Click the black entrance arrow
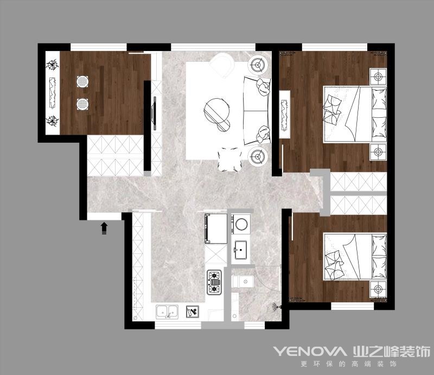coord(104,228)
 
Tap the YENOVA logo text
coord(309,351)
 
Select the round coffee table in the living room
coord(217,111)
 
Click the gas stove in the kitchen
coord(214,282)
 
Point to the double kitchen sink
coord(167,312)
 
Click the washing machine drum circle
coord(241,224)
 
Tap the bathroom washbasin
coord(241,250)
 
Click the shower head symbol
coord(277,307)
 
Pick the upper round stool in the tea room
coord(82,82)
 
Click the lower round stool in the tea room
coord(82,104)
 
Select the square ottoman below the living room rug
coord(229,159)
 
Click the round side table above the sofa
coord(258,65)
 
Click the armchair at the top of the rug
coord(222,65)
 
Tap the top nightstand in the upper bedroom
coord(378,77)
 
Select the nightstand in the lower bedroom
coord(378,289)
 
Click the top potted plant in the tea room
coord(52,65)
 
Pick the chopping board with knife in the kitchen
coord(193,312)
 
